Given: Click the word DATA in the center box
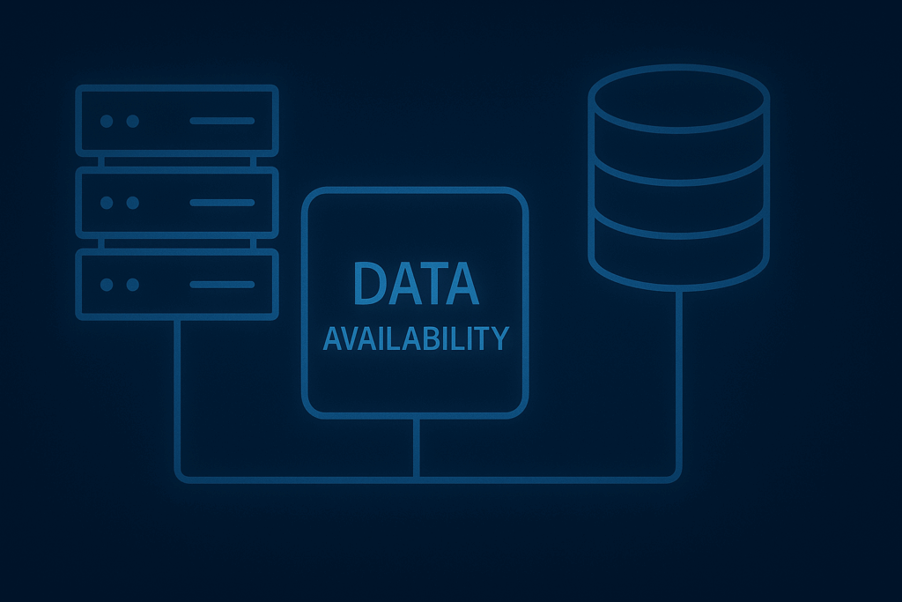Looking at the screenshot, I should pos(416,284).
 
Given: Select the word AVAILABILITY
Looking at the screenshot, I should pos(416,338).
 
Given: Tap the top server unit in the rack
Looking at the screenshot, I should pos(176,120).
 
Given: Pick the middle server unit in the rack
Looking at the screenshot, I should pos(176,202).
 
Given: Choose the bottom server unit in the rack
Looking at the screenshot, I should pos(176,284).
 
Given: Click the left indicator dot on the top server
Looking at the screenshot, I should pos(107,121).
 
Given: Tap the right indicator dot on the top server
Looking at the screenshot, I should pos(132,121).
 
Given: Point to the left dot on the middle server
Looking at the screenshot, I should pos(107,203).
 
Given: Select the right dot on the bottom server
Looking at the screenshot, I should pos(132,285).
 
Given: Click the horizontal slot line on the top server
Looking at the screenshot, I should pos(222,121).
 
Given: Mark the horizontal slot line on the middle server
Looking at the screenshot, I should pos(222,203).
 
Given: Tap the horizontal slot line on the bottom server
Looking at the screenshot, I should pos(222,285).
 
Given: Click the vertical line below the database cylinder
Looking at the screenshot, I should pos(679,379).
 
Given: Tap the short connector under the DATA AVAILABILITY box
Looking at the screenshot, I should pos(416,447).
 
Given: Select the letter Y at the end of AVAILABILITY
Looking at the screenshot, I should pos(499,338).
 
